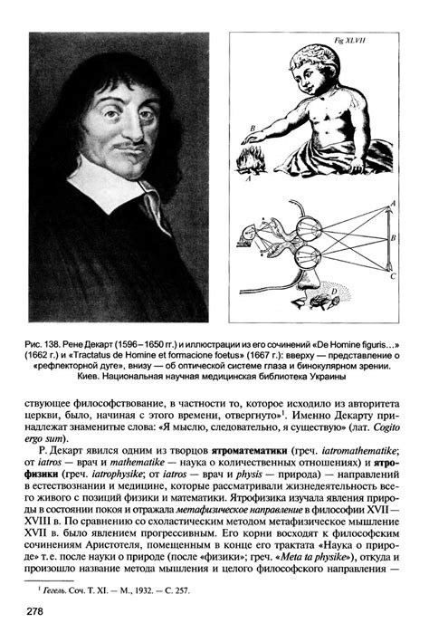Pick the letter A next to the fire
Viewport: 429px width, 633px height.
click(241, 177)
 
